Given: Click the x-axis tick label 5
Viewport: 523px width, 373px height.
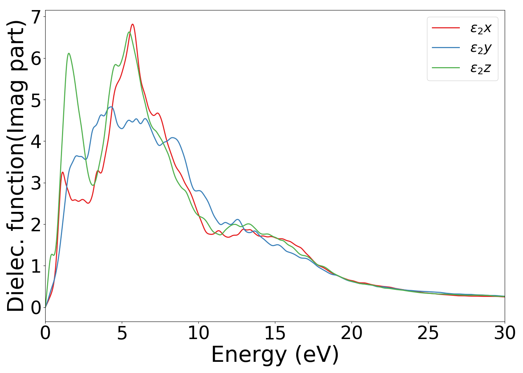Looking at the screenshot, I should (122, 333).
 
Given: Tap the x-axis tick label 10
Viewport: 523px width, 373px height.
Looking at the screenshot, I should (198, 333).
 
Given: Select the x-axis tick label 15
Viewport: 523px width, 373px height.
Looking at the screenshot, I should (275, 333).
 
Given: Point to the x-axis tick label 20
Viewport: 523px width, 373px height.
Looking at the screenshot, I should (352, 333).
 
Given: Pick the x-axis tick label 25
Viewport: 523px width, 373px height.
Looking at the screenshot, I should (428, 333).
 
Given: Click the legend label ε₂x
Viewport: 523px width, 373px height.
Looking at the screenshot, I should (480, 28).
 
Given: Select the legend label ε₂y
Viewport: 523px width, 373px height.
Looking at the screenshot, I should (480, 48).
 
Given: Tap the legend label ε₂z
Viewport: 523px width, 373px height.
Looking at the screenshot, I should (480, 68).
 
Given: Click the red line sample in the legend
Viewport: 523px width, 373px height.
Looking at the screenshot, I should (445, 28).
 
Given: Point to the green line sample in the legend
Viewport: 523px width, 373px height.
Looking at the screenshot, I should (445, 68).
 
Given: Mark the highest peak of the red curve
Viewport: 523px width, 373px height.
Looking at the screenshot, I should (133, 24).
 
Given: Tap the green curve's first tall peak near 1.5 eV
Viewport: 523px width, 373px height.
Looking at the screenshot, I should (69, 53).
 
